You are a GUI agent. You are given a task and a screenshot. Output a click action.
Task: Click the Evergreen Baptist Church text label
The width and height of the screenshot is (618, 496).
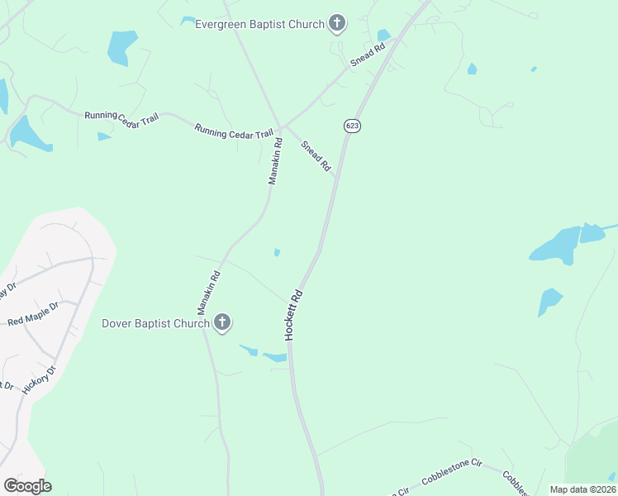pos(259,24)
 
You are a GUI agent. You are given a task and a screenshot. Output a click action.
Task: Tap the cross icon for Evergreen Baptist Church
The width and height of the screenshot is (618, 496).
pos(336,24)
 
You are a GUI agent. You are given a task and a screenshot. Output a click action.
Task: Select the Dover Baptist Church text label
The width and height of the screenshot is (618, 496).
pos(155,323)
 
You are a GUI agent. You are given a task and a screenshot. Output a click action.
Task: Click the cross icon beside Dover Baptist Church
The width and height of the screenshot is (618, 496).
pos(221,323)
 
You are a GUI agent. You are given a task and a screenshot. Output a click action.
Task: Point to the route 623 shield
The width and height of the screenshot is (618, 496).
pos(352,126)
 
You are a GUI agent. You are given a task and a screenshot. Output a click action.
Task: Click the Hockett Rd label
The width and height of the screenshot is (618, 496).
pos(294,315)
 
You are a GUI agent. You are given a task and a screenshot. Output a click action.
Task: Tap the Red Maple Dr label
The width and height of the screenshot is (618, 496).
pos(33,313)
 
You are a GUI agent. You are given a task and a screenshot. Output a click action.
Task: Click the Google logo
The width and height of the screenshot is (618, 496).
pos(27,486)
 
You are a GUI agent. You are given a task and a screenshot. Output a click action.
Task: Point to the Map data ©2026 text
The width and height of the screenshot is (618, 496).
pos(582,489)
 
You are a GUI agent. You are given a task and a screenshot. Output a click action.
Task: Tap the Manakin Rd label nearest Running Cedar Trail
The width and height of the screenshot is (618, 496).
pos(275,160)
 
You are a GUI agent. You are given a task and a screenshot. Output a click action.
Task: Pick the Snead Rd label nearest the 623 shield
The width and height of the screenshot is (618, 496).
pos(316,156)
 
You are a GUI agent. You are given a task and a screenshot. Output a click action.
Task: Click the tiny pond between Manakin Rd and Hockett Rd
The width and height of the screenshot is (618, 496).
pos(277,252)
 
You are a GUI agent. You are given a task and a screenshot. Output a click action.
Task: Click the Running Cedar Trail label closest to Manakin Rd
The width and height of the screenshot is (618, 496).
pos(234,131)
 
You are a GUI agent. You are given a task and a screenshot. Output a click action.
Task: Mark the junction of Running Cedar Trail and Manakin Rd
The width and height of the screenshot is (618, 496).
pos(280,128)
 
